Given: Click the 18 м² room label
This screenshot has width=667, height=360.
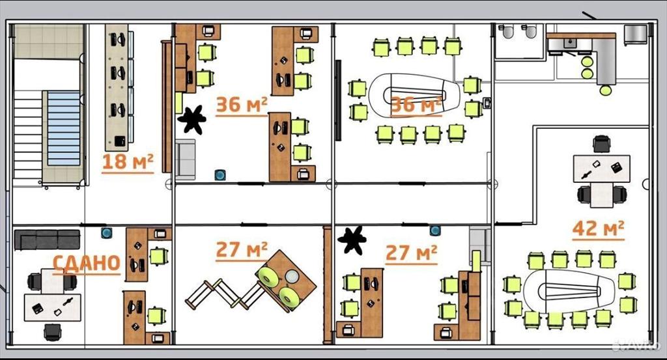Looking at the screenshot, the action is [x=128, y=162].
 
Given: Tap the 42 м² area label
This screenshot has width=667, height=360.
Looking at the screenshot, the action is [x=598, y=228].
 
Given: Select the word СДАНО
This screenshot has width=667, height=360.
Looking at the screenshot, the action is [x=87, y=263].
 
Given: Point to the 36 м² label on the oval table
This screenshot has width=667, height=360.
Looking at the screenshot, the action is [x=416, y=105].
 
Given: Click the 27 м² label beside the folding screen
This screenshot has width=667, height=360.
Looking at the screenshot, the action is [x=242, y=250].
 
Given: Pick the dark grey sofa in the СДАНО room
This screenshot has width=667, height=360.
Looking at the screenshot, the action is [x=47, y=240].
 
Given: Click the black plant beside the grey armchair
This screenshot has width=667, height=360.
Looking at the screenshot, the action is [x=192, y=119].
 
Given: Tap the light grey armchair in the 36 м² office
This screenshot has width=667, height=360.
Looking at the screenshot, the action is [x=186, y=159].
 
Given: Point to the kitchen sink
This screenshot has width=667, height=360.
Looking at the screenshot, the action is [x=569, y=44].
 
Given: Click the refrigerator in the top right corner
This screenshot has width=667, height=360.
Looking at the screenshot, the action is [x=636, y=35].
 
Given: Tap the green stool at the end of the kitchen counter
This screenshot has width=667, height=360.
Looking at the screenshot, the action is [x=605, y=90].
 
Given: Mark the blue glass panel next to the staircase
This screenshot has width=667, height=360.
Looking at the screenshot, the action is [x=63, y=128].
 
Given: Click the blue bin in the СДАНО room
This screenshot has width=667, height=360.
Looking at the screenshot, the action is [x=106, y=233].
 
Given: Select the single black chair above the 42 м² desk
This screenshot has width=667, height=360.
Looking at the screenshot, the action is [x=601, y=144].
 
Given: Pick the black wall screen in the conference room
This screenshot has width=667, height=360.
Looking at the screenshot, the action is [x=338, y=100].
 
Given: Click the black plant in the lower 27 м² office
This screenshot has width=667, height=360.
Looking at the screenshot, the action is [x=352, y=240].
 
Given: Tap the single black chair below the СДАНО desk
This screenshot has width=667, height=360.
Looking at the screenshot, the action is [x=52, y=332].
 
